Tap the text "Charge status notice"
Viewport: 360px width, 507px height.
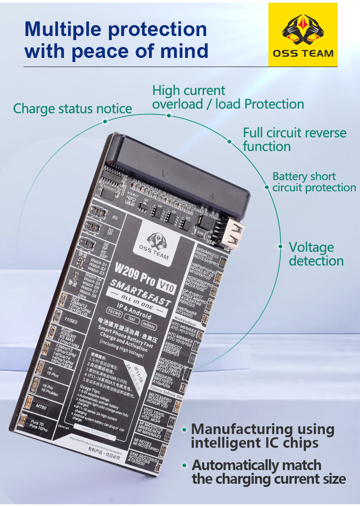72,109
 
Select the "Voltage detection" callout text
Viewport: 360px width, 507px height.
316,254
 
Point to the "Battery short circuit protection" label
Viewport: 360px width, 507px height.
314,182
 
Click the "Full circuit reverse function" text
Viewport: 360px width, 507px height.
294,140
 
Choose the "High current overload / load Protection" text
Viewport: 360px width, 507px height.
228,97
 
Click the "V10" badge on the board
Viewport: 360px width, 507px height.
169,286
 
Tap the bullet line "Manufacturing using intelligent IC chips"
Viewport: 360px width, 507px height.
262,436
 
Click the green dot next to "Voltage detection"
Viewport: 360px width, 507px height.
281,246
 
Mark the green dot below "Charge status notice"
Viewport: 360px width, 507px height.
105,121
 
